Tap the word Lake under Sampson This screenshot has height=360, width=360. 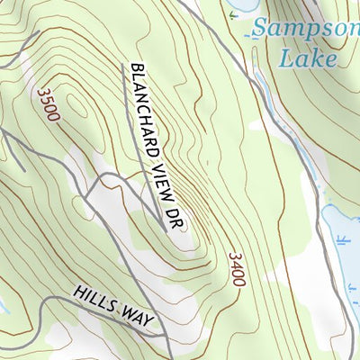click(308, 59)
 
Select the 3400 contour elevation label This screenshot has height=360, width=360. click(237, 269)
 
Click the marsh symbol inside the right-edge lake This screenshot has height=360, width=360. click(343, 239)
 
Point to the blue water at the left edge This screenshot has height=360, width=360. click(3, 306)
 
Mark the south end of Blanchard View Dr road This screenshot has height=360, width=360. click(166, 229)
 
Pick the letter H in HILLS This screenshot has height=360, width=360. click(80, 293)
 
